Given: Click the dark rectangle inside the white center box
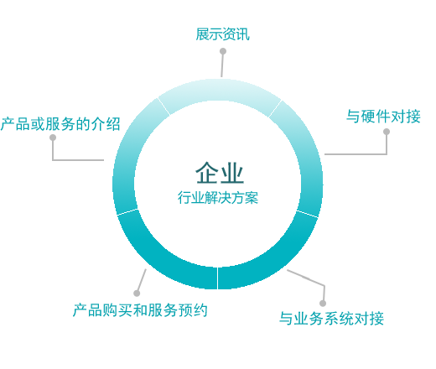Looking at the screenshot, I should (x=220, y=172).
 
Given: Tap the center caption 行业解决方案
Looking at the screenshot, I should (x=218, y=198).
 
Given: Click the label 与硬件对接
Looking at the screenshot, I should (x=383, y=117).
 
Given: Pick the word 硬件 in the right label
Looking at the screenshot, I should (x=376, y=117).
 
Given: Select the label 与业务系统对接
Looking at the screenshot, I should (x=331, y=319).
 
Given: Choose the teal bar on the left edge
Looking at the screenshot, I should (x=60, y=123).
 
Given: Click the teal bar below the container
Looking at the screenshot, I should (x=139, y=309).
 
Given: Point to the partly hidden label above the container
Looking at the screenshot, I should (x=222, y=34).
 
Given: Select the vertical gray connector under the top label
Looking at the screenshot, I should (x=222, y=67).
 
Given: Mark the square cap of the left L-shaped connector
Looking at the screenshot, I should (x=53, y=138).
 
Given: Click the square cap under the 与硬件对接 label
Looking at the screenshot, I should (x=386, y=133).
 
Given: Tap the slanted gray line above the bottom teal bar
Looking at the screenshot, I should (x=143, y=278).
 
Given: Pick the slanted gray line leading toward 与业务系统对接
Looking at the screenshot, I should (x=305, y=278).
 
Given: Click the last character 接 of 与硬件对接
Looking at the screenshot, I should (x=413, y=117).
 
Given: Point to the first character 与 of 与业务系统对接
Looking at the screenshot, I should (x=287, y=319).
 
